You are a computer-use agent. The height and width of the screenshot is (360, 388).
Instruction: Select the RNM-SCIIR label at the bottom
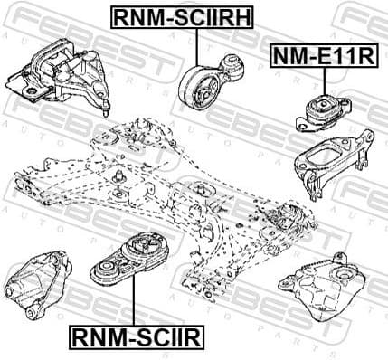coord(136,338)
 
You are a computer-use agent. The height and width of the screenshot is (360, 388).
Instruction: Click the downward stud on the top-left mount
coord(109,109)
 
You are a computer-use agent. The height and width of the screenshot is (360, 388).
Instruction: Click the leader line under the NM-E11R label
coord(321,80)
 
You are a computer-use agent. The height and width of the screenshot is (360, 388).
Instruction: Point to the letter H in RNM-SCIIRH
coord(241,16)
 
